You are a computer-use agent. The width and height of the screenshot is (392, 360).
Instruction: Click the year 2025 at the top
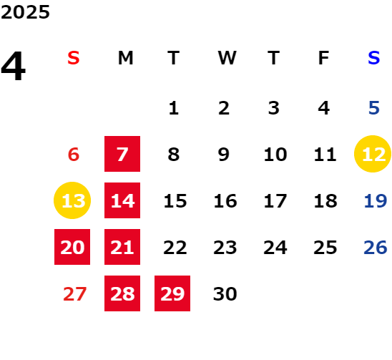(25, 12)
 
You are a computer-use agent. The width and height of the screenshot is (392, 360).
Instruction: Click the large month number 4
(14, 65)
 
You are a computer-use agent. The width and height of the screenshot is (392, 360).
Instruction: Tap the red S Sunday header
(74, 58)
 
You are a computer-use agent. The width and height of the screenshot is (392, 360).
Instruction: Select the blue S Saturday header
(373, 58)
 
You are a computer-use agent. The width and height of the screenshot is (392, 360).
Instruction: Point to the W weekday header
(227, 58)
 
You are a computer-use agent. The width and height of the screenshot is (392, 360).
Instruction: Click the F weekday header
(323, 58)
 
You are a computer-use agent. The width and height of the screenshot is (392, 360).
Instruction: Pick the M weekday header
(125, 58)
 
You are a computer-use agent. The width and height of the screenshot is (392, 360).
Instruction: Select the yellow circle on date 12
(373, 154)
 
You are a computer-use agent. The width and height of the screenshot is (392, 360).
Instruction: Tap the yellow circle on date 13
(72, 200)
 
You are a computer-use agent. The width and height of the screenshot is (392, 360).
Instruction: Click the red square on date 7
(122, 154)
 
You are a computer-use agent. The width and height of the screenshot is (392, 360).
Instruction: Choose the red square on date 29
(172, 293)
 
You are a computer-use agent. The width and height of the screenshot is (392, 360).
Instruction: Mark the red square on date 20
(72, 247)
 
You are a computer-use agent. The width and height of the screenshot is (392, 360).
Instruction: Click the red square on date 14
(122, 200)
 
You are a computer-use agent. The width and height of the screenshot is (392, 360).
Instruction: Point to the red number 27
(74, 293)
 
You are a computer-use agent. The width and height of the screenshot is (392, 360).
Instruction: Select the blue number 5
(374, 108)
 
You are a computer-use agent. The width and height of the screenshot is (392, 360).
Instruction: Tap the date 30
(225, 293)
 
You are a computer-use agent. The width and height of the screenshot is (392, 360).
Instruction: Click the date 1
(174, 108)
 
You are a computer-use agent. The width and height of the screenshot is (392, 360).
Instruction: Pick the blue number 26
(376, 247)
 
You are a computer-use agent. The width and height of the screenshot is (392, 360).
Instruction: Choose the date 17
(275, 200)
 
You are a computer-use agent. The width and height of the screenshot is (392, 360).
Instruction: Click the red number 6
(74, 154)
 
